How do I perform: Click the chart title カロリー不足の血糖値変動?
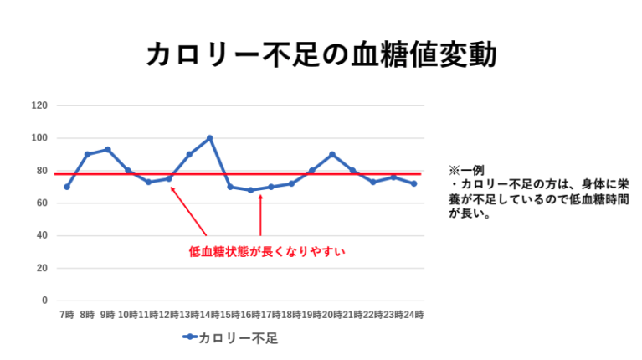(321, 54)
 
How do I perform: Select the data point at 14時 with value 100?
(209, 138)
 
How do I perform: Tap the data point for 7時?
(67, 187)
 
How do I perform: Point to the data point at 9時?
(108, 150)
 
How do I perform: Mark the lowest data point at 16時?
(250, 190)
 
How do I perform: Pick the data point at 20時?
(332, 154)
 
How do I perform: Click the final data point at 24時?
(413, 183)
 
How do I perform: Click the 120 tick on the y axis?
(39, 105)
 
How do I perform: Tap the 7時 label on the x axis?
(67, 315)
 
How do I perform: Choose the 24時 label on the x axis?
(413, 315)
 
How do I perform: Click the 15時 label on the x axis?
(230, 315)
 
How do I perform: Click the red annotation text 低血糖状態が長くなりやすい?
(267, 249)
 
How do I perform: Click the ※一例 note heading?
(466, 170)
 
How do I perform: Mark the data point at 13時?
(189, 154)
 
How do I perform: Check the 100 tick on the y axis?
(39, 138)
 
